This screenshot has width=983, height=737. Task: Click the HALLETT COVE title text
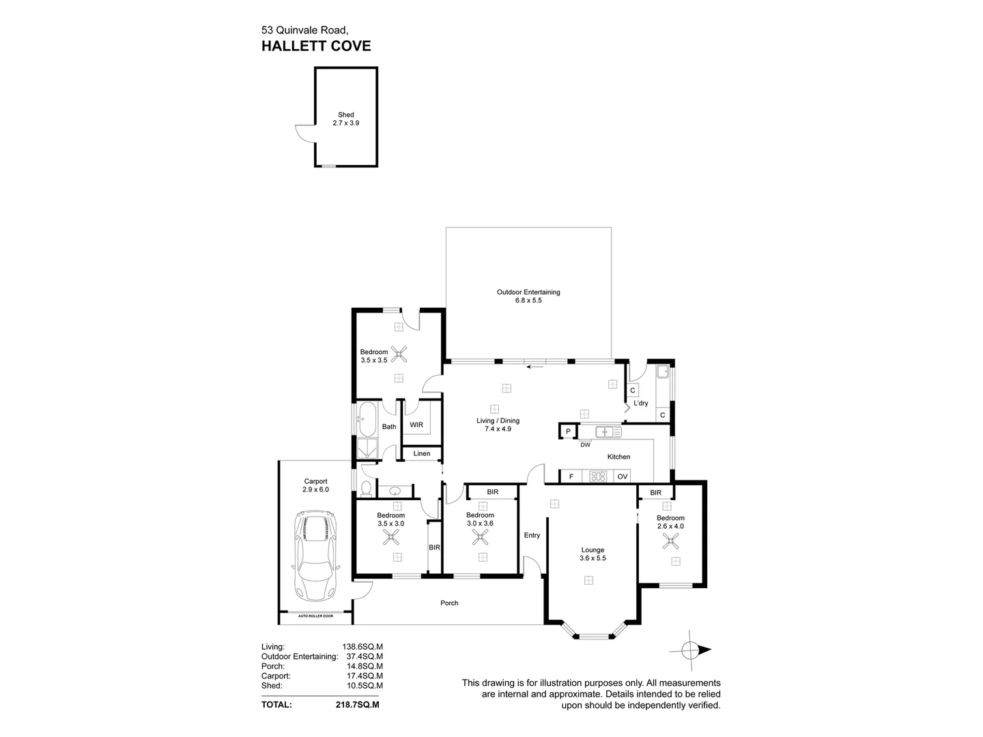pos(316,46)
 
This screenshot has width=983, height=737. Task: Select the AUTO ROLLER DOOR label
pos(315,616)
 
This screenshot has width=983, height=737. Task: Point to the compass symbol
pos(691,650)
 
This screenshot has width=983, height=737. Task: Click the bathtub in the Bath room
pos(367,419)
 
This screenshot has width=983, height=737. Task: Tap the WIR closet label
pos(416,424)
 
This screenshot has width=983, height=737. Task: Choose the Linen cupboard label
pos(422,453)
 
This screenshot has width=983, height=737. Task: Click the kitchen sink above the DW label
pos(605,432)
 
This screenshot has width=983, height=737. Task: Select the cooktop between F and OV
pos(599,476)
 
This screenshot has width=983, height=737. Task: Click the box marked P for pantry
pos(568,431)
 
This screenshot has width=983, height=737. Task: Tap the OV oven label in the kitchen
pos(622,476)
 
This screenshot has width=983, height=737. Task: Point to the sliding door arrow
pos(535,366)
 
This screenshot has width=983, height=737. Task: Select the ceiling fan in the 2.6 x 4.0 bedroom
pos(672,542)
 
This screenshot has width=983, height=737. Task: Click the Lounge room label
pos(593,550)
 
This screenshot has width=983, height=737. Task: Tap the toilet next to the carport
pos(367,489)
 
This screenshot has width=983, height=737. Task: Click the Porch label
pos(449,603)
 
